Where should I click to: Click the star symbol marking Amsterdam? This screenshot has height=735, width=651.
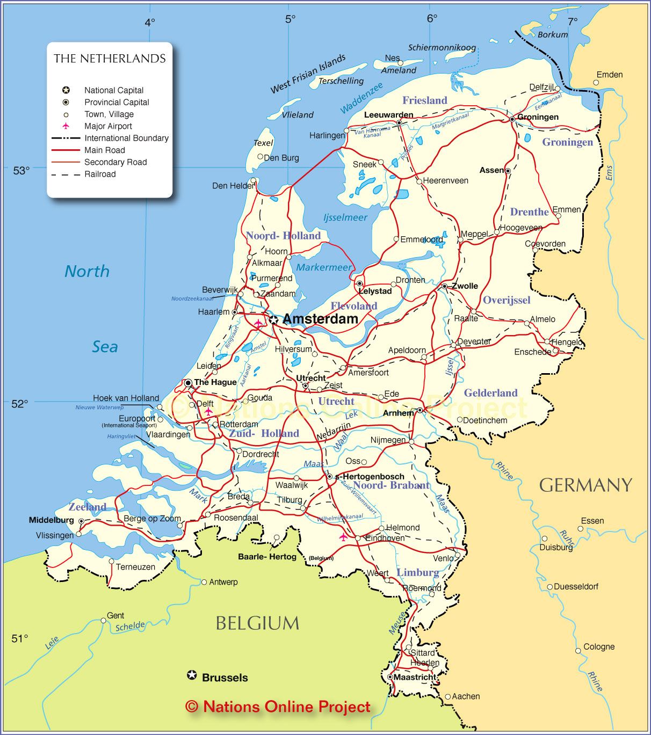coord(273,320)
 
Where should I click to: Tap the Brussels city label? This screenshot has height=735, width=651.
coord(225,678)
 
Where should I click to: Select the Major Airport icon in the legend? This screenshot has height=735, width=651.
coord(66,126)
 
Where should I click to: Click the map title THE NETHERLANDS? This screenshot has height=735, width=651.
coord(110,59)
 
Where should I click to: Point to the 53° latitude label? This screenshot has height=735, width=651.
coord(21,171)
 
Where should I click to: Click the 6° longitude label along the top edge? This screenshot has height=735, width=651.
coord(432,18)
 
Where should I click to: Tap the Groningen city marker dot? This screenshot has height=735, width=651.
coord(512,119)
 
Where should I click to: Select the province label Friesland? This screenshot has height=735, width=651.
coord(424,100)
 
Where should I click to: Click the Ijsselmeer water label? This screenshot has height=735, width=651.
coord(345,217)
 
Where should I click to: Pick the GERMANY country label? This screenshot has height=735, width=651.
coord(585,485)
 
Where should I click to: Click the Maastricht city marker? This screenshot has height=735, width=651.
coord(390,677)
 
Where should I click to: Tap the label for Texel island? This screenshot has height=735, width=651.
coord(263,143)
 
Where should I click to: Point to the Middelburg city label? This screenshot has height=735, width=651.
coord(51,520)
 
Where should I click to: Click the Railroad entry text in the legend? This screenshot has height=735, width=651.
coord(100,174)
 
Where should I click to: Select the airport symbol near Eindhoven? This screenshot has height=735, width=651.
coord(343,536)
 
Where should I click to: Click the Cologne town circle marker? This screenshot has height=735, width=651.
coord(578,651)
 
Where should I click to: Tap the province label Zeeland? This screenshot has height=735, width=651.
coord(87,507)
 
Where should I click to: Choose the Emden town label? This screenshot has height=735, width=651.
coord(609,75)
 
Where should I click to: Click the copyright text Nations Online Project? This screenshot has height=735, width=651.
coord(278,707)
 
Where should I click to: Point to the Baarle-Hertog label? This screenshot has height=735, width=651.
coord(267,557)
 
